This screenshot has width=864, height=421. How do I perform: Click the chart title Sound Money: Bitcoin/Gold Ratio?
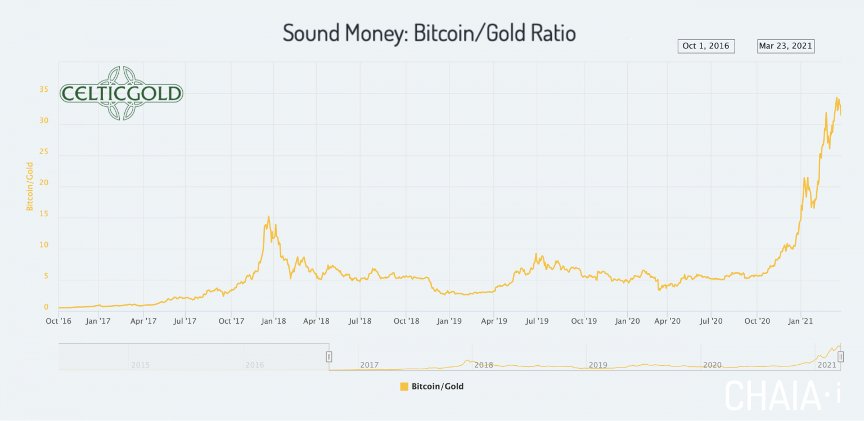(x=429, y=33)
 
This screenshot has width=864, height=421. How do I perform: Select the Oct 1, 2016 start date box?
(x=706, y=46)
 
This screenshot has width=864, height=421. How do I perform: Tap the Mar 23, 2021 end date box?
(x=785, y=46)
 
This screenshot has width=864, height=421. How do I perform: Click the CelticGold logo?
(x=121, y=93)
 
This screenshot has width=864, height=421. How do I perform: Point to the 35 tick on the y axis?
(x=43, y=90)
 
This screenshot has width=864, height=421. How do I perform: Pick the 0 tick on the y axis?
(x=46, y=307)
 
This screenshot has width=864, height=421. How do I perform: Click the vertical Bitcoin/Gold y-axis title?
(x=29, y=186)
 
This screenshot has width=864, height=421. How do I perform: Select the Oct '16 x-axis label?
(x=58, y=321)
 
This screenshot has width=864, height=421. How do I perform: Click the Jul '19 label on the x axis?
(x=537, y=321)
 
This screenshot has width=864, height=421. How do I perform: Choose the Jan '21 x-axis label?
(x=800, y=321)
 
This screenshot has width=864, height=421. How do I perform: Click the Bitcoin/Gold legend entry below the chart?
(x=432, y=387)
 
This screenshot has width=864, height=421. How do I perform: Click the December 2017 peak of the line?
(x=268, y=217)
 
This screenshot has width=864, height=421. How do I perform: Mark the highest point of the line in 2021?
(x=836, y=98)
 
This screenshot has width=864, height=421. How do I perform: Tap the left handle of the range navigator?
(x=329, y=357)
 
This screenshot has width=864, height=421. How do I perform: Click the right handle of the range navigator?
(x=840, y=357)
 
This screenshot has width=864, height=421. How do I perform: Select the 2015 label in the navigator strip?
(x=140, y=365)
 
